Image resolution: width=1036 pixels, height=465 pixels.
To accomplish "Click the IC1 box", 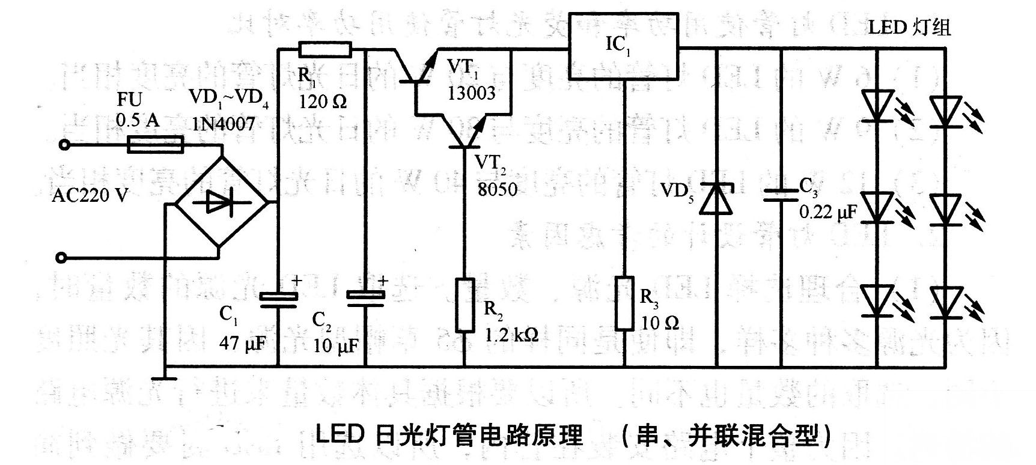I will click(x=624, y=45).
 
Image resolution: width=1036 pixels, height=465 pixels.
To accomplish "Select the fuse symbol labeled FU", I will click(x=155, y=145).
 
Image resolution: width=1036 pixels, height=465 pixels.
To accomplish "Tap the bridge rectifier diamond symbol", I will click(x=219, y=202).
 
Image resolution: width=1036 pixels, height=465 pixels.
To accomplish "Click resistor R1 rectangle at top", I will click(x=325, y=49).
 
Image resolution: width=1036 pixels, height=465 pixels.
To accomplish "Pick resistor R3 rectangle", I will click(x=624, y=303).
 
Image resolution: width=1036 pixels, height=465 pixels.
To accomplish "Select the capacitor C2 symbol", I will click(x=366, y=299).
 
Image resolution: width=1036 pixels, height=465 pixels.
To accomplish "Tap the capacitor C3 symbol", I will click(x=781, y=195).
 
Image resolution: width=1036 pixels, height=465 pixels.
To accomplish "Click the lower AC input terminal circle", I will click(x=59, y=258).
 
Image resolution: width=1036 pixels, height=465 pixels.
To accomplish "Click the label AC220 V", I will click(x=90, y=196).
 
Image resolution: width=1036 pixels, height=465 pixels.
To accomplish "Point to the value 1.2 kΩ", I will click(x=511, y=333).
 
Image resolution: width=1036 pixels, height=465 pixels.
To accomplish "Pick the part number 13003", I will click(x=472, y=93).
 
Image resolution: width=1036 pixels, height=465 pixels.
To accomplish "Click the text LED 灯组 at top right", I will click(x=909, y=27).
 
